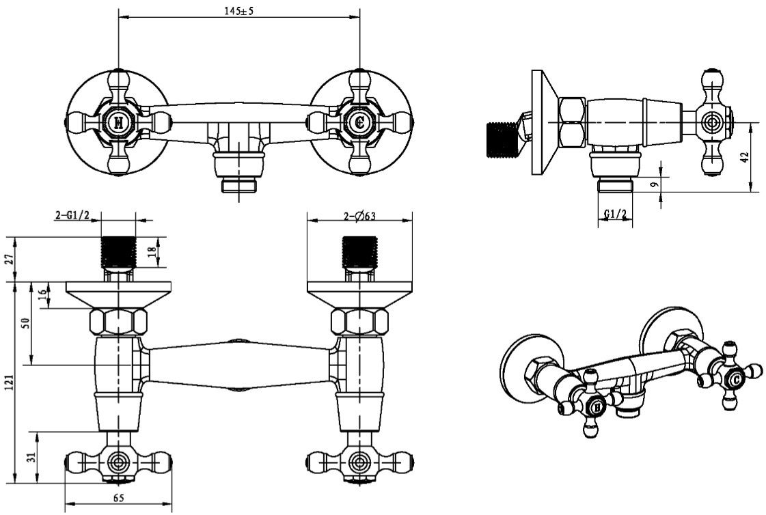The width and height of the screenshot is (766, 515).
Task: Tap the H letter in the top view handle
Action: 119,124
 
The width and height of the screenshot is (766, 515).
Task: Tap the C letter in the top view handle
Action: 359,124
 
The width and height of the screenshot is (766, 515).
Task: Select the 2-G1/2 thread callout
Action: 72,216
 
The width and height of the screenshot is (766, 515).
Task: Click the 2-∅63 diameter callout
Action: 360,216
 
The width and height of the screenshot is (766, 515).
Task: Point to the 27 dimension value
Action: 8,260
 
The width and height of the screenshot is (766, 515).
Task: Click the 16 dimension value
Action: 43,295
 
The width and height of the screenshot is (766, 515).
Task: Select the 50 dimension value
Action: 25,323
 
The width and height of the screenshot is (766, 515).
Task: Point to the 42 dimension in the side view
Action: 746,156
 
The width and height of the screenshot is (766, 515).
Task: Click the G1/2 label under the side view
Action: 615,214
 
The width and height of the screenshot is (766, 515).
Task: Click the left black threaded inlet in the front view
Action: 119,253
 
